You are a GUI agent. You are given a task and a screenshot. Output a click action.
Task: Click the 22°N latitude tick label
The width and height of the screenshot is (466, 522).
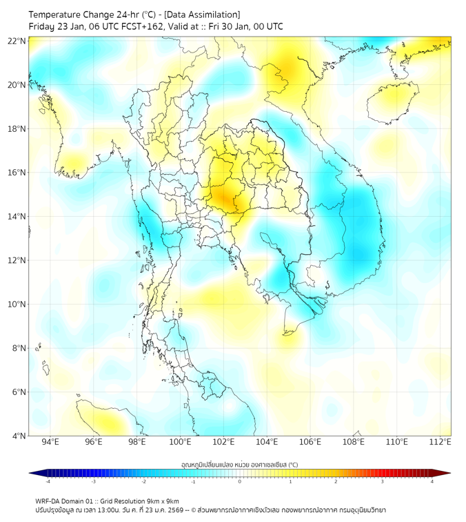(x=17, y=41)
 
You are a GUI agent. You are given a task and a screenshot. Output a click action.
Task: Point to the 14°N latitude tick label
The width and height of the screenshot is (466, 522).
(x=17, y=217)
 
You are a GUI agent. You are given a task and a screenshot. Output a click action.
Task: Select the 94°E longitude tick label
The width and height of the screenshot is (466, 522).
(x=50, y=442)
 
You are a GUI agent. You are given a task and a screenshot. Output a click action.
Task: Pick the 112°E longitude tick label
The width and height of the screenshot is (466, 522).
(x=440, y=442)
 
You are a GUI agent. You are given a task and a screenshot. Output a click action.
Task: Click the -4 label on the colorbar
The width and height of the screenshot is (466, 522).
(x=47, y=481)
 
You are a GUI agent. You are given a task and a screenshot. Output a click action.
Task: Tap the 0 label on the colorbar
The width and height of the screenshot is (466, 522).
(x=240, y=481)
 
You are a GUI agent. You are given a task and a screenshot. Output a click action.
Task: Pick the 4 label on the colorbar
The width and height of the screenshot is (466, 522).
(x=432, y=481)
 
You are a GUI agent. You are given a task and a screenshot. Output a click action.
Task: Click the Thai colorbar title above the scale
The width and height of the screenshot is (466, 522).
(x=239, y=465)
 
